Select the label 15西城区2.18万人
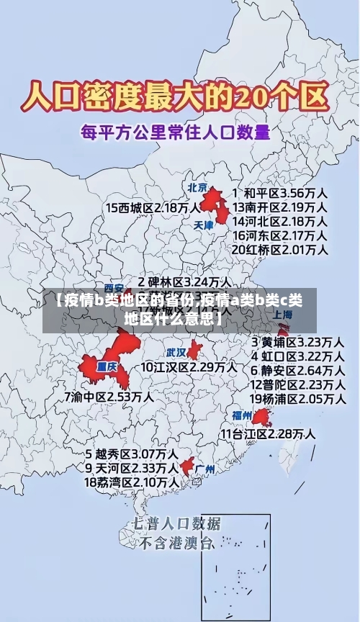tap(153, 207)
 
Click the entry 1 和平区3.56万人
tap(281, 193)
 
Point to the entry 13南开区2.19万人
tap(280, 207)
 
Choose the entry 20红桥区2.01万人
tap(280, 249)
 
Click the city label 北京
tap(197, 187)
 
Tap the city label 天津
tap(204, 225)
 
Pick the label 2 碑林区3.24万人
tap(185, 281)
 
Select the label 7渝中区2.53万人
tap(109, 397)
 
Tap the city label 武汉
tap(176, 353)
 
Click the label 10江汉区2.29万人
tap(189, 367)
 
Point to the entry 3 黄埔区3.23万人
tap(297, 341)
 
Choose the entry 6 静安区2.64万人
tap(297, 370)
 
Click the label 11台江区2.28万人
tap(268, 433)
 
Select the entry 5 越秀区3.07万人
tap(132, 454)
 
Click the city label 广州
tap(205, 469)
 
